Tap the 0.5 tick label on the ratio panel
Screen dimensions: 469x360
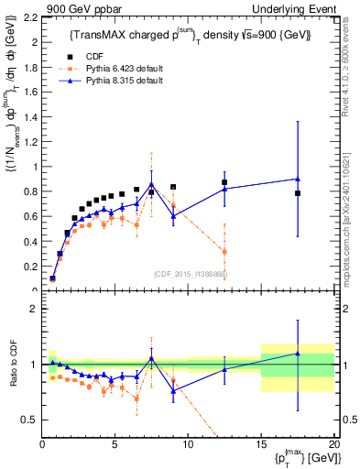[27, 420]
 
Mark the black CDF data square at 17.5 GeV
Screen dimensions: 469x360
[298, 193]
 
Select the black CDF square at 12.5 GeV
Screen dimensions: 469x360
[224, 182]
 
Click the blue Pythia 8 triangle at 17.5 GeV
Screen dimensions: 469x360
[298, 179]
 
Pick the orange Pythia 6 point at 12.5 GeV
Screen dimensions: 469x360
[224, 252]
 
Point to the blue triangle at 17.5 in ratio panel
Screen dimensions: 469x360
[298, 353]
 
